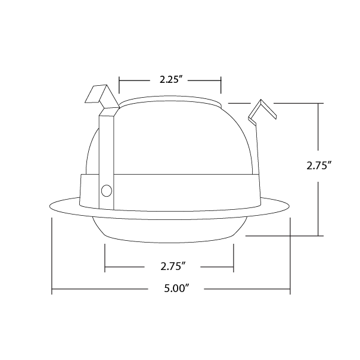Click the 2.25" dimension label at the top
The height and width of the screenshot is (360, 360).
[169, 80]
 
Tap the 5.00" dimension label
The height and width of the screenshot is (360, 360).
[176, 288]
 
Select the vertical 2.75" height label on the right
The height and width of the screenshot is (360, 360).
[319, 165]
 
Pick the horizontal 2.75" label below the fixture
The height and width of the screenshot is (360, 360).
[173, 266]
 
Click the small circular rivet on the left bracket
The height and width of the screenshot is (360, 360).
[107, 191]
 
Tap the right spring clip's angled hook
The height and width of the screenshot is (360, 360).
[262, 112]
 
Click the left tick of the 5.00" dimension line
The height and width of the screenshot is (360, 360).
[52, 256]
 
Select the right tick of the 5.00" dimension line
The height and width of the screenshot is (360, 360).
[290, 256]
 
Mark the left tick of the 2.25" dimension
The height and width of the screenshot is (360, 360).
[119, 85]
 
